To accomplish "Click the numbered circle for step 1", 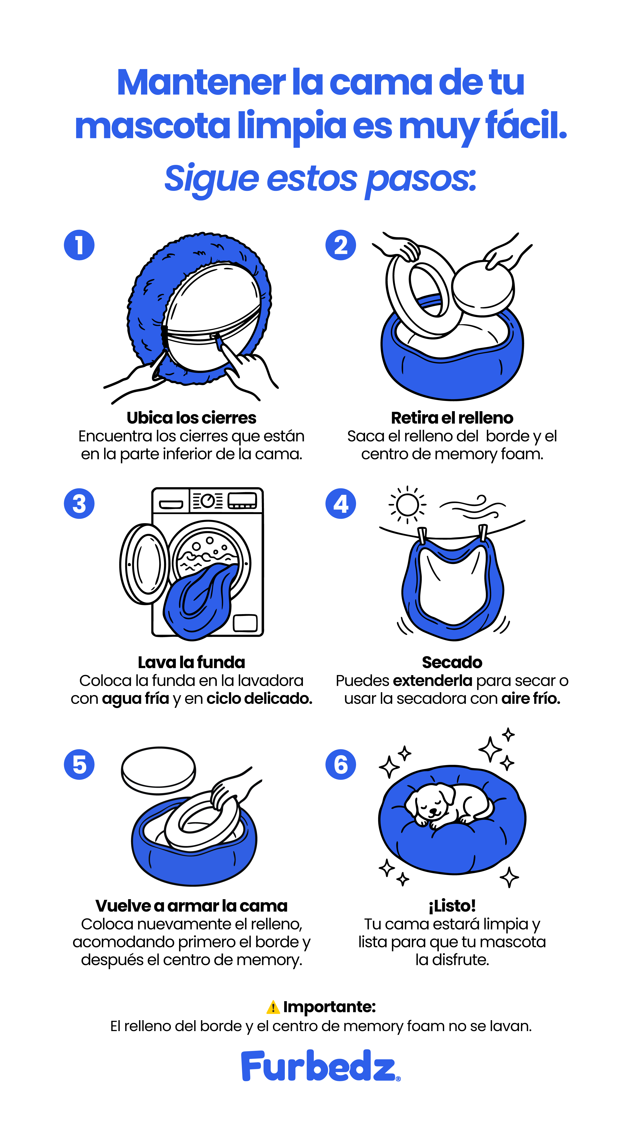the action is (x=79, y=245).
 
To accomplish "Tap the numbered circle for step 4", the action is (x=341, y=504).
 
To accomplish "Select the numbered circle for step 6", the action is (x=341, y=765).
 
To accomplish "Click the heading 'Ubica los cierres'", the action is (x=191, y=418).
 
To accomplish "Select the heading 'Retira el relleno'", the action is (x=452, y=418).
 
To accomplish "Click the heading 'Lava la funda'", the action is (x=191, y=662).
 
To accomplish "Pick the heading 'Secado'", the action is (x=452, y=662).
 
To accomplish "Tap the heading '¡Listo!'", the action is (x=452, y=906).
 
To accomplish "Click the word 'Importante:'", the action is (x=330, y=1007).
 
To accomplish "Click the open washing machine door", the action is (x=144, y=564).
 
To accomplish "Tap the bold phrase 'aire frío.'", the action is (x=531, y=699).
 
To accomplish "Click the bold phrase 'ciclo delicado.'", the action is (x=260, y=699).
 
